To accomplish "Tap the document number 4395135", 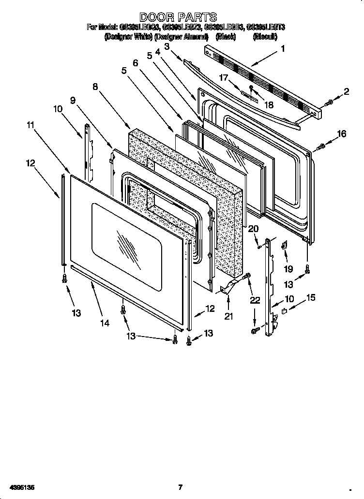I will (x=19, y=487).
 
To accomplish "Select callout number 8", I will (x=95, y=87).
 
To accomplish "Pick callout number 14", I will (x=105, y=323).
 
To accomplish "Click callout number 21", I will (x=228, y=316).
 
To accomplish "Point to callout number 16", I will (x=342, y=134).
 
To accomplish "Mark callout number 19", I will (x=288, y=269).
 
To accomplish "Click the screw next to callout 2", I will (x=328, y=103).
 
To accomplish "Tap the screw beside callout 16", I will (x=320, y=147).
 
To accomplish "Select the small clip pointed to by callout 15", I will (x=285, y=311).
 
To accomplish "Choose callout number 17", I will (x=223, y=77).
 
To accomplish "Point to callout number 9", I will (x=73, y=100).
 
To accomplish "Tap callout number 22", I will (x=255, y=300).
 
